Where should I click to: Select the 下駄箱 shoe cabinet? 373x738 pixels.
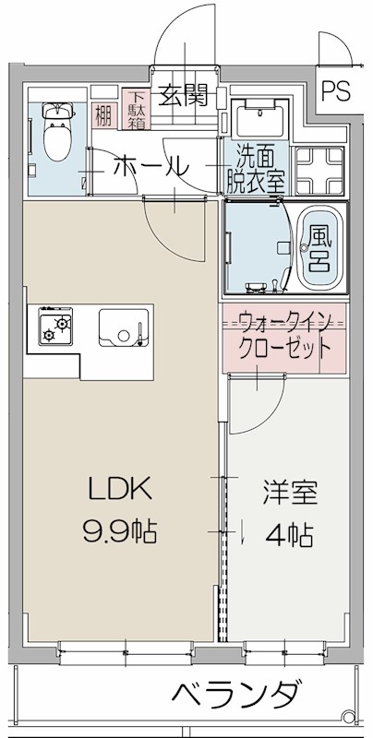137,108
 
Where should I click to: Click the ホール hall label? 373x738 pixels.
151,167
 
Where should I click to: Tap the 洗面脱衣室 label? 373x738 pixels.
249,169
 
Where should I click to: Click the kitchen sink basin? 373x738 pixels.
122,327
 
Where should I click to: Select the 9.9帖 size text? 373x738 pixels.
119,532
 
